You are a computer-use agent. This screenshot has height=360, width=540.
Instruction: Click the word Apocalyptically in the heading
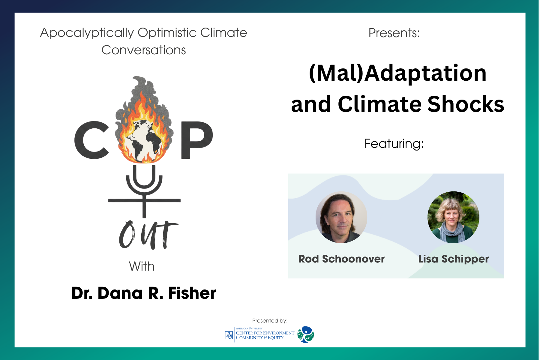pos(87,33)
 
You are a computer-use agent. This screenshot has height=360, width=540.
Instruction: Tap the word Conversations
pos(144,50)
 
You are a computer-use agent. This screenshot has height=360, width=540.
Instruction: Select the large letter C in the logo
pos(91,140)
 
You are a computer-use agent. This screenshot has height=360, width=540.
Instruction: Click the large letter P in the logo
pos(197,140)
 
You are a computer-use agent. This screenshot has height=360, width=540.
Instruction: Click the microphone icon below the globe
pos(144,191)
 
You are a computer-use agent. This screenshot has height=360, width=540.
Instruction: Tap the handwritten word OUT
pos(148,235)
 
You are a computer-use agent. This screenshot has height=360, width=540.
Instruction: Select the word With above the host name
pos(142,266)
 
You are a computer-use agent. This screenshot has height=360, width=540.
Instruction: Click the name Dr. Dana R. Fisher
pos(144,293)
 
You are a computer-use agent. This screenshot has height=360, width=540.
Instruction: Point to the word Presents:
pos(394,33)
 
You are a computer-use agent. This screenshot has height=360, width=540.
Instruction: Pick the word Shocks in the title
pos(466,104)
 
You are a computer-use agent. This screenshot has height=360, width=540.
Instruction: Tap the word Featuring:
pos(394,144)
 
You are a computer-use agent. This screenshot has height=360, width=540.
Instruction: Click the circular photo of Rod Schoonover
pos(341,217)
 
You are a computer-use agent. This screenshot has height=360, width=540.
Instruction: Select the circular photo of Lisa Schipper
pos(453,217)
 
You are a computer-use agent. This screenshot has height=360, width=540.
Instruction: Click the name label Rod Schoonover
pos(341,259)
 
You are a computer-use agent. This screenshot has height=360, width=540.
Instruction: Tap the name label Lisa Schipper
pos(453,259)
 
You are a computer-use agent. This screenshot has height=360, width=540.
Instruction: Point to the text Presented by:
pos(270,321)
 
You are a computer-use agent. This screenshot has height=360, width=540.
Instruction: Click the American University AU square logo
pos(229,335)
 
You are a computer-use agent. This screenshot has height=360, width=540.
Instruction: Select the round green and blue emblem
pos(306,334)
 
